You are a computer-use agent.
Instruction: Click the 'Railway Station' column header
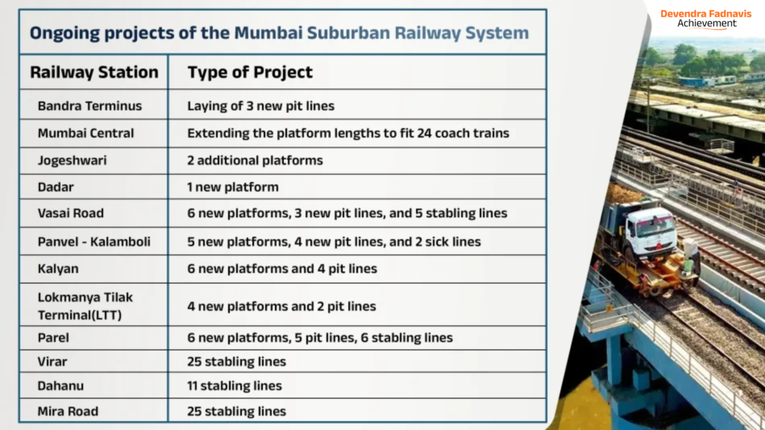click(x=94, y=72)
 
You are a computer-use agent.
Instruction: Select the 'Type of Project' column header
click(x=250, y=72)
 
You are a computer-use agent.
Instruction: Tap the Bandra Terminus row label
click(x=90, y=106)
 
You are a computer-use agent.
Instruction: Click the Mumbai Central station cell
click(x=85, y=133)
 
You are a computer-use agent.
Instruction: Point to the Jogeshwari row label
click(x=72, y=161)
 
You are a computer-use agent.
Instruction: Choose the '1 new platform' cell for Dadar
click(x=233, y=187)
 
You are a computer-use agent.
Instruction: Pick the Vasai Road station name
click(x=71, y=213)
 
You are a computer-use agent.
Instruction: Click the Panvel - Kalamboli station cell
click(x=94, y=242)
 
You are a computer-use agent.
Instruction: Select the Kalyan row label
click(x=58, y=269)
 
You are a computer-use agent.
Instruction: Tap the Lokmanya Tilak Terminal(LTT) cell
click(x=85, y=306)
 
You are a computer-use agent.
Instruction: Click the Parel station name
click(x=53, y=337)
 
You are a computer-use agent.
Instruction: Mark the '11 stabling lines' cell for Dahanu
click(x=235, y=386)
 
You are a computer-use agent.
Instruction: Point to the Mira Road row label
click(x=68, y=411)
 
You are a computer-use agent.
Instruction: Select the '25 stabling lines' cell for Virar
click(x=237, y=362)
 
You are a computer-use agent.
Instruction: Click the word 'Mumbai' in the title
click(x=268, y=33)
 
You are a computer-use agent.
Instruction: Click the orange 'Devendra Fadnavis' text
click(x=706, y=13)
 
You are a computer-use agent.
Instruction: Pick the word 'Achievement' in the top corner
click(x=707, y=23)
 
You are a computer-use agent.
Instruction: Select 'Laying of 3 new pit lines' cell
click(x=261, y=106)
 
